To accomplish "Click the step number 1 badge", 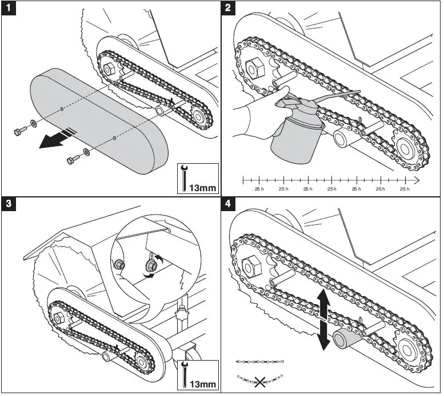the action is (9, 7).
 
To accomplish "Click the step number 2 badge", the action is (228, 7).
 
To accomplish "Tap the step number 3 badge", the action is (9, 204).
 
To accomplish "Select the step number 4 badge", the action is (228, 204).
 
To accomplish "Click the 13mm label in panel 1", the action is (202, 188).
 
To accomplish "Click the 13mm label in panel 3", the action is (202, 385).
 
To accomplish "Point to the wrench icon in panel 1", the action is (184, 178).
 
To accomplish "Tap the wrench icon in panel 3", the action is (184, 374).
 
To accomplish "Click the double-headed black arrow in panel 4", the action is (323, 320).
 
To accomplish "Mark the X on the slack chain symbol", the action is (259, 382).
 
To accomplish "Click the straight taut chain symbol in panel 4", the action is (260, 362).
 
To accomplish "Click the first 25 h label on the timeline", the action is (259, 189).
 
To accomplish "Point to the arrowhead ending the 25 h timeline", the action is (416, 180).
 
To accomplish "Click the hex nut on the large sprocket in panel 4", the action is (251, 267).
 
